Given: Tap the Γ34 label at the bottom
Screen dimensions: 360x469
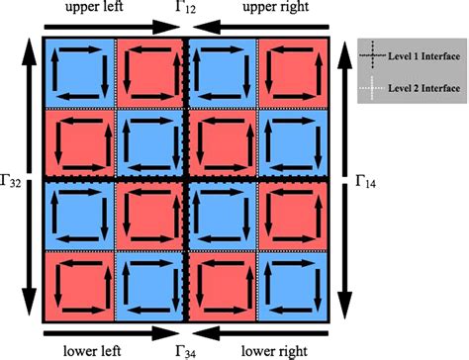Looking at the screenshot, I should point(187,349).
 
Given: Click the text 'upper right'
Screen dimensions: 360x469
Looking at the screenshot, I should point(274,9).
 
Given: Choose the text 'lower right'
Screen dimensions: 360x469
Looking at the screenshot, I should point(274,349).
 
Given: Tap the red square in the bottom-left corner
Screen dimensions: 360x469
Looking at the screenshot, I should point(80,286).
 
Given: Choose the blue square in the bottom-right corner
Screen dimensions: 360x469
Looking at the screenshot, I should point(292,286).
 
